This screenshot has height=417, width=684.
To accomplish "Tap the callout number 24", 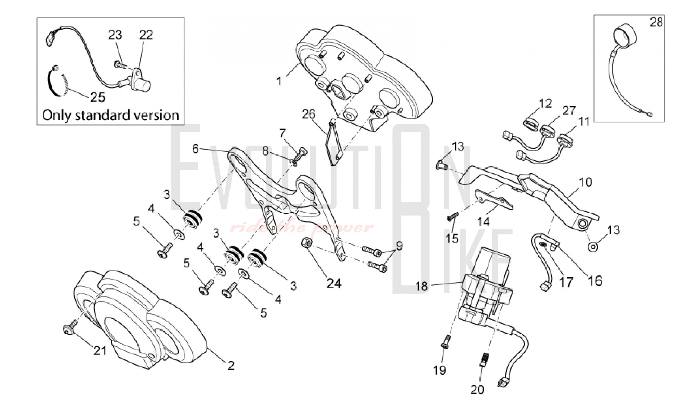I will pyautogui.click(x=334, y=283).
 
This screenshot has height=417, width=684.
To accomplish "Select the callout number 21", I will pyautogui.click(x=100, y=351).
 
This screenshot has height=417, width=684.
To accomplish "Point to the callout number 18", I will pyautogui.click(x=422, y=286).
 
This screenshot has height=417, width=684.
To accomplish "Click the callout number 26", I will pyautogui.click(x=308, y=114).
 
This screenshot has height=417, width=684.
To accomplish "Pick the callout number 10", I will pyautogui.click(x=586, y=182).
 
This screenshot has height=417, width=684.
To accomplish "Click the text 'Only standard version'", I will pyautogui.click(x=110, y=115).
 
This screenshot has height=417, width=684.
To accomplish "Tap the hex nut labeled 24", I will pyautogui.click(x=307, y=243).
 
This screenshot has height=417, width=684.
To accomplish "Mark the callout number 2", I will pyautogui.click(x=231, y=366).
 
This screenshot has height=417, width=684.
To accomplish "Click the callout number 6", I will pyautogui.click(x=195, y=149).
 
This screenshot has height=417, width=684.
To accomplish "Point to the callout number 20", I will pyautogui.click(x=477, y=389).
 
